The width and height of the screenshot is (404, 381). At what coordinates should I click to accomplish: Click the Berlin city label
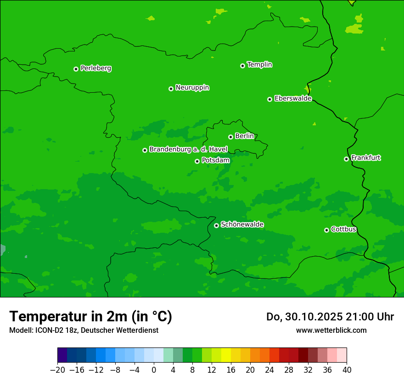(x=244, y=136)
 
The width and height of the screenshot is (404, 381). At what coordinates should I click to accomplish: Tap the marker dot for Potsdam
(x=197, y=161)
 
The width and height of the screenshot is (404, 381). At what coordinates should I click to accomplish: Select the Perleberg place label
(x=95, y=68)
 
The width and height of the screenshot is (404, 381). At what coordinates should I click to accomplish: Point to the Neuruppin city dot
(x=171, y=89)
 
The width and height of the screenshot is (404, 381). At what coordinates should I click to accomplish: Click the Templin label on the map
(x=259, y=65)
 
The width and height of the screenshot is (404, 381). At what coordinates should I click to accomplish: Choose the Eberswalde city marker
(x=269, y=99)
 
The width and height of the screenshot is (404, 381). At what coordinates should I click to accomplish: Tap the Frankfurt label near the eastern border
(x=365, y=158)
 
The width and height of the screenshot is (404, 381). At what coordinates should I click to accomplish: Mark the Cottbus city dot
(x=326, y=230)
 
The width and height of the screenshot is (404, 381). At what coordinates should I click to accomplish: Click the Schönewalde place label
(x=242, y=224)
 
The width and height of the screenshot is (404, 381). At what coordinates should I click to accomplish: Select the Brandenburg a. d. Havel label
(x=188, y=150)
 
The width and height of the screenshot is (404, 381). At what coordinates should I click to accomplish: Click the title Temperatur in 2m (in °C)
(x=90, y=317)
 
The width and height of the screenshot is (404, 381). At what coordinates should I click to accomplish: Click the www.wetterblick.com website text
(x=331, y=330)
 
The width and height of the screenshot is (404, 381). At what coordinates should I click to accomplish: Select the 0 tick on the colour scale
(x=154, y=370)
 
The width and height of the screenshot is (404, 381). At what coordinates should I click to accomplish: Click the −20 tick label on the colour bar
(x=57, y=370)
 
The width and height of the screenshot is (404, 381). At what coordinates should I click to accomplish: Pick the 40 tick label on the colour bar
(x=347, y=370)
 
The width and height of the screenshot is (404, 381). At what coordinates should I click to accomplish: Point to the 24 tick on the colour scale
(x=269, y=370)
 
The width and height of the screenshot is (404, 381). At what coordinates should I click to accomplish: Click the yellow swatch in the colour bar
(x=226, y=355)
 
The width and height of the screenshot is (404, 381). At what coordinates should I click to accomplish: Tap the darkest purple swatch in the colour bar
(x=62, y=355)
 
